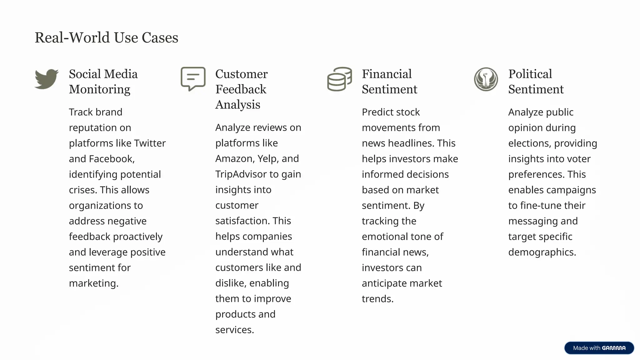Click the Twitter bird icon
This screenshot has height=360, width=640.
[47, 79]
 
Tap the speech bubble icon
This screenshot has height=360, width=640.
[193, 79]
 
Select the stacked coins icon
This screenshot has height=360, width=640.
[339, 79]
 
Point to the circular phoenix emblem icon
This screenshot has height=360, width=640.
[486, 79]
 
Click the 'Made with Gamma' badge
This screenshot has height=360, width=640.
[599, 348]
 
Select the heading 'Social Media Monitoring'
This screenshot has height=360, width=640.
[103, 82]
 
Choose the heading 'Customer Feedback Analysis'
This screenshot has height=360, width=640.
[241, 89]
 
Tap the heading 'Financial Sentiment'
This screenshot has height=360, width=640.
[389, 82]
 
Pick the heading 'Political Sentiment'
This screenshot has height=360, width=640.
[536, 82]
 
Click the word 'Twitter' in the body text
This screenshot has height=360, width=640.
[150, 143]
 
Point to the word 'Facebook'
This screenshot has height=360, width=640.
[112, 159]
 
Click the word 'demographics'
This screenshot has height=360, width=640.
[542, 252]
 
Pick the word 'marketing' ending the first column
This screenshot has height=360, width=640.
[93, 283]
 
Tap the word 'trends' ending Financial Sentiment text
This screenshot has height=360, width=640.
[377, 299]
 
